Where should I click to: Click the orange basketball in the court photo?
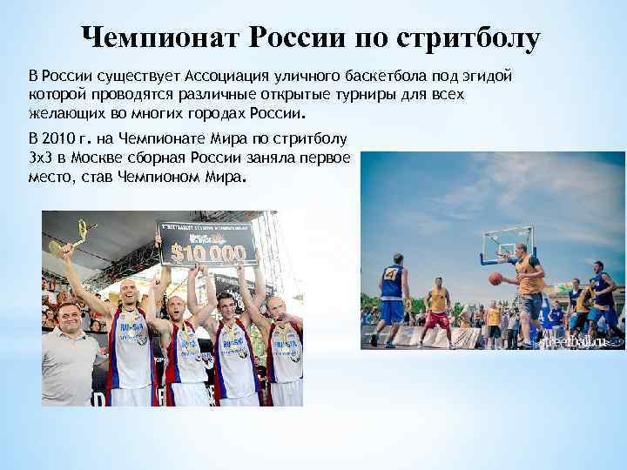(x=496, y=279)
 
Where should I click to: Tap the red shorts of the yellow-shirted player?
(x=438, y=319)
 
